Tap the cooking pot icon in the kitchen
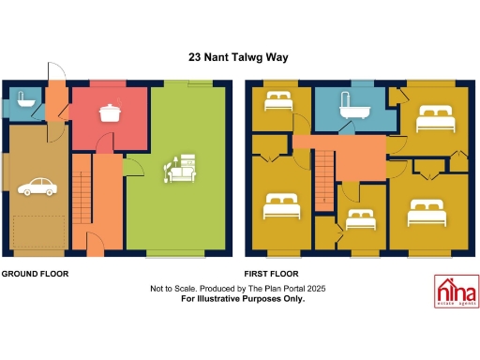click(x=112, y=112)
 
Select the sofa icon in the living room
click(x=180, y=169)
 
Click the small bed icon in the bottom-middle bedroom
click(x=360, y=219)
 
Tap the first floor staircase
click(x=324, y=179)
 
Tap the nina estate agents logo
click(x=454, y=291)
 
